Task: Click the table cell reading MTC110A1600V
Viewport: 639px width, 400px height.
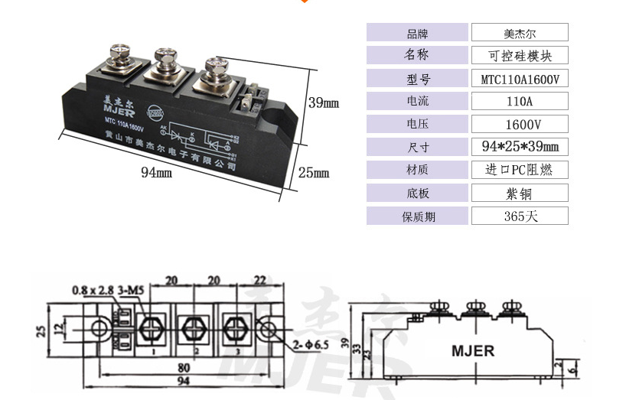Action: point(520,78)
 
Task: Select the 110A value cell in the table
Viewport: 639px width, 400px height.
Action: point(520,101)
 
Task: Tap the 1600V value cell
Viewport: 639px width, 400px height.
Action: point(520,124)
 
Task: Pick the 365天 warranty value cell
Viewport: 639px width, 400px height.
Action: point(520,216)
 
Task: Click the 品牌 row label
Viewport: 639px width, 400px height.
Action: point(417,33)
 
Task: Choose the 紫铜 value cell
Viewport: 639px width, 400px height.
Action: point(520,193)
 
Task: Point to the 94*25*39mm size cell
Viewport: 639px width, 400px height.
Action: point(520,147)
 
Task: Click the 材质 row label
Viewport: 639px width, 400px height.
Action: point(417,170)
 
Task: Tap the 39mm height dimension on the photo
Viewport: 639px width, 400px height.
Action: point(323,102)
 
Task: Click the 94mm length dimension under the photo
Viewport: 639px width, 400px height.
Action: point(156,173)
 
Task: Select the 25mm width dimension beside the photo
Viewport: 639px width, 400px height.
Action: point(313,173)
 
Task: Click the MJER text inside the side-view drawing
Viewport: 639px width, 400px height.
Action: point(472,351)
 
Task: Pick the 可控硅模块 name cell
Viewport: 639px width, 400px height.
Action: point(520,55)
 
